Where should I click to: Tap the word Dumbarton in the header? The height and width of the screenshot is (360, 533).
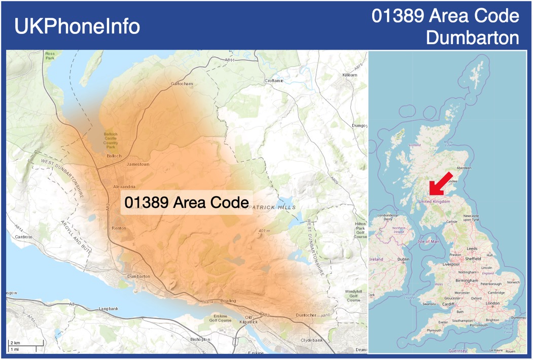tap(473, 38)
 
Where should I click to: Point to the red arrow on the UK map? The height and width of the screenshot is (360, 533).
tap(440, 184)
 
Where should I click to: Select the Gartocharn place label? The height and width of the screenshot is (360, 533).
tap(182, 84)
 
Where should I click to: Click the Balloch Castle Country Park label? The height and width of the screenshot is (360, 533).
tap(111, 140)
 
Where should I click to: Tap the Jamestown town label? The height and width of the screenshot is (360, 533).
tap(138, 164)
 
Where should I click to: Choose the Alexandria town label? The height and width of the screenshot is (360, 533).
tap(125, 186)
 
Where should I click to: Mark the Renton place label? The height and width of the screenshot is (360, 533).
tap(119, 228)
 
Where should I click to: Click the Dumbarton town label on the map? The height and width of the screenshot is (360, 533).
tap(138, 276)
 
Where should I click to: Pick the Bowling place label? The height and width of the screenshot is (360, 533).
tap(228, 301)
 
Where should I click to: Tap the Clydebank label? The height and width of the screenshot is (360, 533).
tap(311, 340)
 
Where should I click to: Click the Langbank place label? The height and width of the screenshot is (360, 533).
tap(108, 308)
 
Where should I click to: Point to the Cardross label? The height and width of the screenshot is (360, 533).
tap(24, 237)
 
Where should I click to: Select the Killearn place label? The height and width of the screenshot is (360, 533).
tap(350, 75)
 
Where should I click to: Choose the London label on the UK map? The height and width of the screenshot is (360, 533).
tap(492, 303)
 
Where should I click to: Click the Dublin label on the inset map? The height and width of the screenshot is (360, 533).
tap(403, 259)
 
